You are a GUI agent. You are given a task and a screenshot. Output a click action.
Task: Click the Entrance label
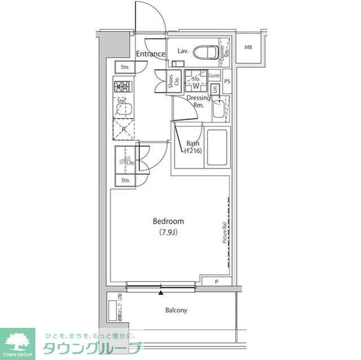click(x=151, y=54)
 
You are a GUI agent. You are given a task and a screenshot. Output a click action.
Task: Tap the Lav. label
click(x=183, y=51)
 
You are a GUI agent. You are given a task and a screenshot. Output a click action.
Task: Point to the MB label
click(x=248, y=47)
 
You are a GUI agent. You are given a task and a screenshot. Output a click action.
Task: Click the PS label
click(x=227, y=81)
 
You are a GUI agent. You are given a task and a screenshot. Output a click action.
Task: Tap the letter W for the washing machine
click(x=196, y=87)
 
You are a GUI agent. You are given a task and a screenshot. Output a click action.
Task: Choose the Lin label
click(x=215, y=88)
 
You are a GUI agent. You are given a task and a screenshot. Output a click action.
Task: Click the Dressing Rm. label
click(x=199, y=101)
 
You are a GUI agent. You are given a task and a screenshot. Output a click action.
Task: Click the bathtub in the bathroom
click(x=217, y=147)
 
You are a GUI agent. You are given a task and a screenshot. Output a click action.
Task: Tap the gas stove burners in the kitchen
click(x=122, y=86)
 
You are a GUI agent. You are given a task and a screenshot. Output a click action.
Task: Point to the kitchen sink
click(x=123, y=109)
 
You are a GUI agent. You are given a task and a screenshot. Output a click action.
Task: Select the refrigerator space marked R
click(x=123, y=128)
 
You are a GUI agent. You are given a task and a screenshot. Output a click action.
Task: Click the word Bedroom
click(x=168, y=221)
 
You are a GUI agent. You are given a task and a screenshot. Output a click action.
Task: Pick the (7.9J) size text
click(x=168, y=232)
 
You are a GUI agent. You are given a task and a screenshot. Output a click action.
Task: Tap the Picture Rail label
click(x=224, y=233)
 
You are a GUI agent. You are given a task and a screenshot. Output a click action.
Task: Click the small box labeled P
click(x=216, y=282)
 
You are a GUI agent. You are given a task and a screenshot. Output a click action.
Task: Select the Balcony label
click(x=176, y=310)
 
